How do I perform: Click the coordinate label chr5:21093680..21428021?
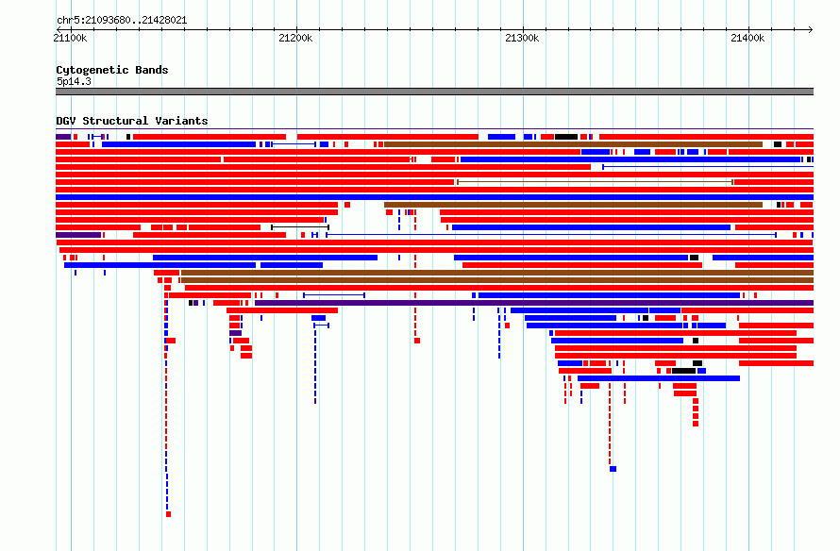(x=122, y=21)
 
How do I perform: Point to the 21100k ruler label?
(x=70, y=38)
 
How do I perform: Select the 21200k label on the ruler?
(x=295, y=38)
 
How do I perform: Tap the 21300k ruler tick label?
(x=522, y=38)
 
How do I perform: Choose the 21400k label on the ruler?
(x=748, y=38)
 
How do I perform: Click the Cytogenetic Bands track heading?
(x=112, y=70)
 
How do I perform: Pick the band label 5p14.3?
(x=74, y=81)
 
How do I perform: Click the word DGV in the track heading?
(x=66, y=121)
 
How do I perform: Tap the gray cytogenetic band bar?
(x=434, y=92)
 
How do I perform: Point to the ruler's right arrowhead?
(x=811, y=30)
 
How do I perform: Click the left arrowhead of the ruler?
(x=59, y=30)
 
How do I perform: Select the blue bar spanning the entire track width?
(x=434, y=197)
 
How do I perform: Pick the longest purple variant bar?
(x=534, y=303)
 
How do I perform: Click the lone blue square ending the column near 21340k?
(x=613, y=469)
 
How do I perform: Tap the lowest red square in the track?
(x=168, y=514)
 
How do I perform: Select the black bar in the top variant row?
(x=566, y=137)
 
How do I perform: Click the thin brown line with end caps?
(x=595, y=182)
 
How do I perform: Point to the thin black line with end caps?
(x=300, y=227)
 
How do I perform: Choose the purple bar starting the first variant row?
(x=63, y=137)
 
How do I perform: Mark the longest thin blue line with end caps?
(x=551, y=235)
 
